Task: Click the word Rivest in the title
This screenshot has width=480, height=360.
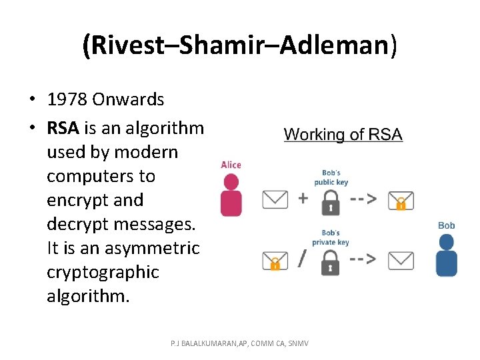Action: point(130,45)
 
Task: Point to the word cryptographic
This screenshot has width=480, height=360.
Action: point(103,272)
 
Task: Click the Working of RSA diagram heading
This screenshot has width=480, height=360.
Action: point(343,134)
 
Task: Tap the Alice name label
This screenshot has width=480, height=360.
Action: point(231,165)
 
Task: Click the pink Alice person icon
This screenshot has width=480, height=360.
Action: point(231,194)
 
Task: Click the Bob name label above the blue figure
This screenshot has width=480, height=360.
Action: point(446,225)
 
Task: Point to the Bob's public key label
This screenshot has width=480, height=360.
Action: point(331,177)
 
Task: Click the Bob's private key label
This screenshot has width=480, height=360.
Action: point(331,238)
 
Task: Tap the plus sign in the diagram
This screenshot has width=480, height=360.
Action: point(303,199)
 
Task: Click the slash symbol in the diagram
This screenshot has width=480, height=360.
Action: point(303,257)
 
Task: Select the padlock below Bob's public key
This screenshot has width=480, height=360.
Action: point(331,201)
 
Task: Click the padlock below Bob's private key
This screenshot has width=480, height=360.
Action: point(331,261)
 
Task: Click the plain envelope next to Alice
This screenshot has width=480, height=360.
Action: point(275,199)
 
